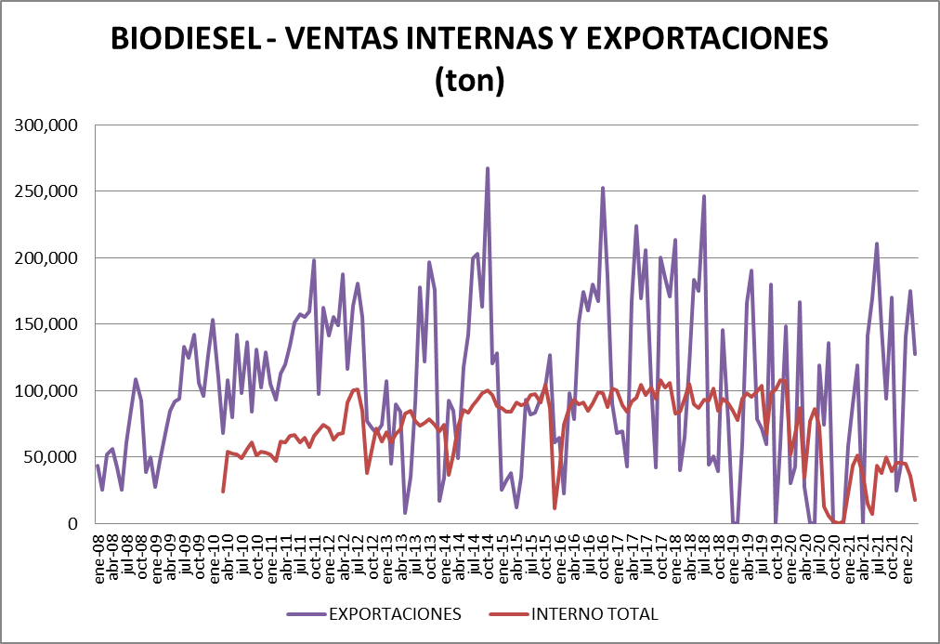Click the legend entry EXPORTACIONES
pyautogui.click(x=395, y=614)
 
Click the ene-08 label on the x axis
pyautogui.click(x=99, y=554)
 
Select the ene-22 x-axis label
pyautogui.click(x=907, y=554)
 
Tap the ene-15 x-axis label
pyautogui.click(x=503, y=554)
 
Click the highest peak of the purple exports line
pyautogui.click(x=488, y=169)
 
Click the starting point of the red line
pyautogui.click(x=223, y=491)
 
